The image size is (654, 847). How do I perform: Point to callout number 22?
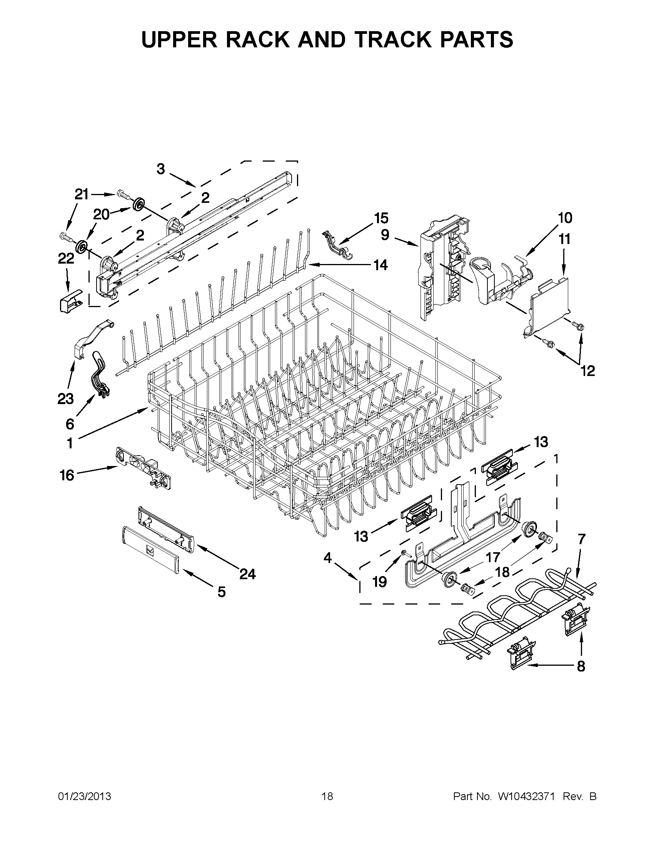coord(66,259)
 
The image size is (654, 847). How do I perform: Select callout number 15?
coord(381,218)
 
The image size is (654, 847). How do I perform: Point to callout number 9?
coord(385,235)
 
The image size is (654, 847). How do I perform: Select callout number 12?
coord(587,371)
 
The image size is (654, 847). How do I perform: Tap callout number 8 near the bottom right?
coord(581,666)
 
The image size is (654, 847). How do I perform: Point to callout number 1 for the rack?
coord(70,443)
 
